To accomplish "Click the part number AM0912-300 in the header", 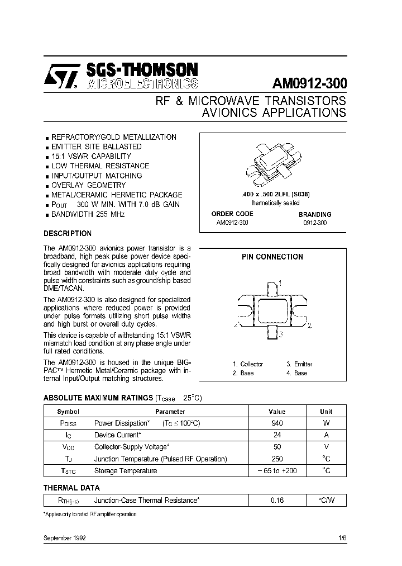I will point(309,83).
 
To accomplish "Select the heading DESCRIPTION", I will point(68,234).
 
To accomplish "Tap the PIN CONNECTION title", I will point(272,257).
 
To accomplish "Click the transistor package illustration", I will point(272,164).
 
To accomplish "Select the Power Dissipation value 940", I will point(276,423).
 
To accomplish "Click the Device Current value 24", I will point(276,435).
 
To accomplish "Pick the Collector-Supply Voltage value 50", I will point(276,447).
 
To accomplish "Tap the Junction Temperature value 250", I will point(276,459).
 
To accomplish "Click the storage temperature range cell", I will point(277,471).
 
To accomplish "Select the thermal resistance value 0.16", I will point(277,501).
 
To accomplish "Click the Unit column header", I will point(326,411).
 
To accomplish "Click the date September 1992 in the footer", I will point(65,538).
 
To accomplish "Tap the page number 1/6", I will point(342,538).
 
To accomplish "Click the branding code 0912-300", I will point(315,223).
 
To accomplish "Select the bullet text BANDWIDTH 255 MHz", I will point(88,214).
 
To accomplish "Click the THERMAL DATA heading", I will point(72,488).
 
